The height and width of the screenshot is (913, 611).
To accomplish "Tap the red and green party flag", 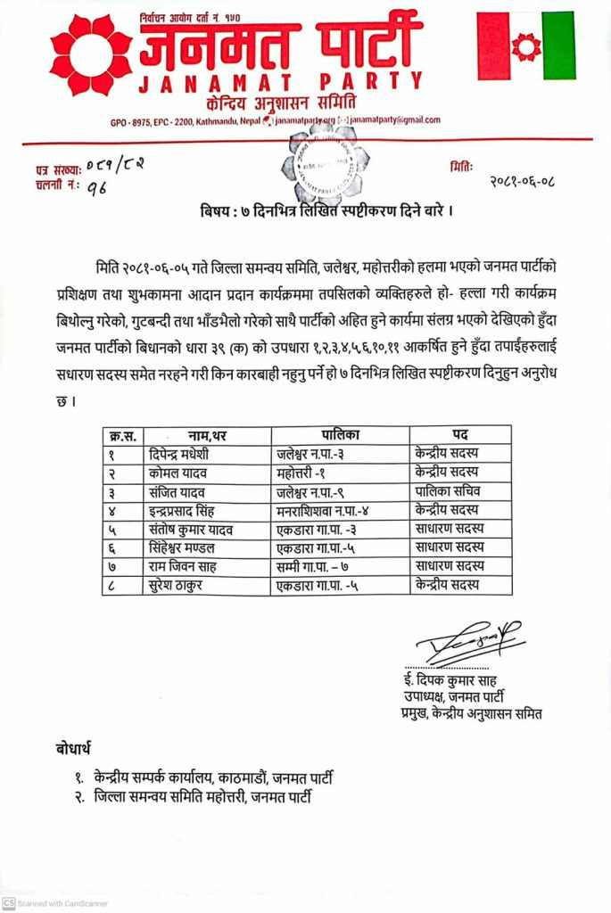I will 525,45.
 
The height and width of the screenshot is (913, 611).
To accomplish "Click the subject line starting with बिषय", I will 320,212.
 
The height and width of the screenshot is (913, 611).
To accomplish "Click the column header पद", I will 459,434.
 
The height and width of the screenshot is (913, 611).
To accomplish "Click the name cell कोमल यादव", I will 175,472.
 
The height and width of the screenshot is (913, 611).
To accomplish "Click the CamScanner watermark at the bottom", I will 55,902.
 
